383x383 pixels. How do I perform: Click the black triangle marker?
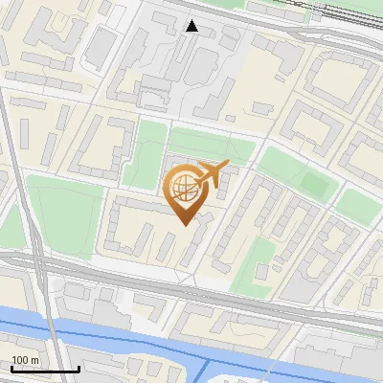click(x=192, y=26)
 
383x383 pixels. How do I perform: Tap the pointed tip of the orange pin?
click(x=184, y=224)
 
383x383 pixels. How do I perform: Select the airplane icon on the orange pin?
click(x=212, y=173)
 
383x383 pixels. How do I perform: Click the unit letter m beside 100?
click(x=36, y=360)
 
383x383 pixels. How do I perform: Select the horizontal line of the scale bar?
click(x=44, y=369)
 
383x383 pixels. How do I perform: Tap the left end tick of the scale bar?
click(x=11, y=367)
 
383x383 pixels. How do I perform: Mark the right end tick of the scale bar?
click(x=79, y=367)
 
